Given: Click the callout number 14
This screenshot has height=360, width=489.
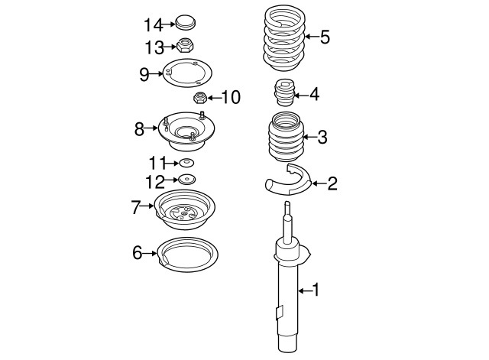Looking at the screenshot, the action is pos(153,25).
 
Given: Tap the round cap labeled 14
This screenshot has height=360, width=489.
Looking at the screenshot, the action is pos(186,22).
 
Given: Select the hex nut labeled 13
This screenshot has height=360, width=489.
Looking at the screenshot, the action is pos(185,45).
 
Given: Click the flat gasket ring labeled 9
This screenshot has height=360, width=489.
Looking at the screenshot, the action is pos(187,73).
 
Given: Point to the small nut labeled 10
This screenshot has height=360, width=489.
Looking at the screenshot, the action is pos(200,98).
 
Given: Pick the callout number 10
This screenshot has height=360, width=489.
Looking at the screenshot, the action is pos(231,97).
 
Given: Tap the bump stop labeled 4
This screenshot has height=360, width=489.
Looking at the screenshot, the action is pos(283,92).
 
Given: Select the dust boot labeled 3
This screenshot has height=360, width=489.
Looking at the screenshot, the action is pos(286,137).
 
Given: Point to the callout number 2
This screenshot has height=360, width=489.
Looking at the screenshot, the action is pos(332,183).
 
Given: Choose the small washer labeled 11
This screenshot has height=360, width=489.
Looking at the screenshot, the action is pos(186,163).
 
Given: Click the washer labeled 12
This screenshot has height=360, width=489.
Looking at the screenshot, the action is pos(186,180).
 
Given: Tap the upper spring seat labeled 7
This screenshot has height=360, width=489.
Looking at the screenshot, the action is pos(185,209).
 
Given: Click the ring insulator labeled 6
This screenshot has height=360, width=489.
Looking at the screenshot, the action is pos(187,255).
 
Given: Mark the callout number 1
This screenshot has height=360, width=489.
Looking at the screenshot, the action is pos(316,290).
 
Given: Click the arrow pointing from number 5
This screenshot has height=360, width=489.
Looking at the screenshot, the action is pos(312,37).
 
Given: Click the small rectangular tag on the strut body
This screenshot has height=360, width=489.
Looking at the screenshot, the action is pos(280,313).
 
